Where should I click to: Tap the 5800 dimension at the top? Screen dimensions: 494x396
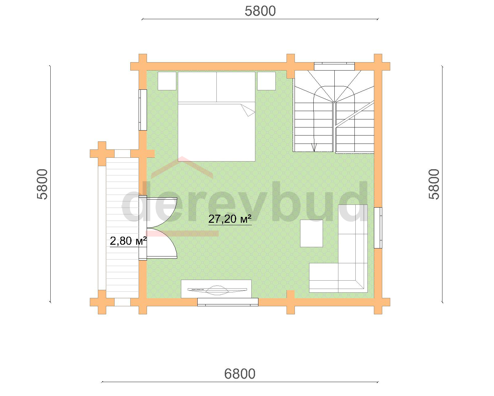260,11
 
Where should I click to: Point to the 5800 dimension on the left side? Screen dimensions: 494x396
42,184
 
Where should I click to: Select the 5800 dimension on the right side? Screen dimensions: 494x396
434,184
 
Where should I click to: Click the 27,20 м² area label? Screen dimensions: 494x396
230,219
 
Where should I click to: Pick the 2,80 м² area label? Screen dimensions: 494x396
128,241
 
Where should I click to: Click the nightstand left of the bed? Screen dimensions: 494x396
167,81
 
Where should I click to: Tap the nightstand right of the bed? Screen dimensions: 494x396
266,81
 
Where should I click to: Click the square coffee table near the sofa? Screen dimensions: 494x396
312,233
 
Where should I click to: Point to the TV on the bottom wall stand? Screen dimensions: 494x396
217,290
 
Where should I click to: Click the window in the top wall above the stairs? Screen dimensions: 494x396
334,66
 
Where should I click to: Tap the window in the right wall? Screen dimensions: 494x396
378,228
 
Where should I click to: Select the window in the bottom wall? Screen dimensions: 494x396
228,302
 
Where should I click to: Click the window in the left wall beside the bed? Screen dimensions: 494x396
143,110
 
